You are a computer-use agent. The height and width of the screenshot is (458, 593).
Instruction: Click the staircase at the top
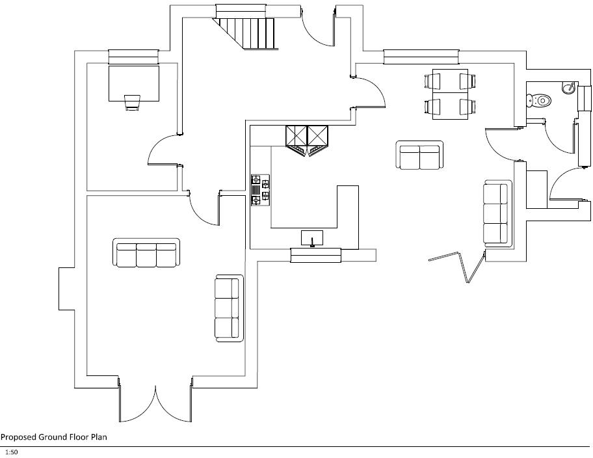click(248, 31)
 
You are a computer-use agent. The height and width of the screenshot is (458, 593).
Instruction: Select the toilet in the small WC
click(540, 100)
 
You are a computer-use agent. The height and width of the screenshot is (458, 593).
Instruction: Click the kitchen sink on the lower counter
click(312, 237)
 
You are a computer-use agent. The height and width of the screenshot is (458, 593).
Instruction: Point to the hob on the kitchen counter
click(260, 190)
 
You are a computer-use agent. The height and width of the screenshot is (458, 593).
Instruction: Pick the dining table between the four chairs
click(449, 94)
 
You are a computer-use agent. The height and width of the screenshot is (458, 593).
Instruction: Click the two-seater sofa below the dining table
click(419, 155)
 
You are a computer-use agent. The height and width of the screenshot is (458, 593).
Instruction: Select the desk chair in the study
click(133, 102)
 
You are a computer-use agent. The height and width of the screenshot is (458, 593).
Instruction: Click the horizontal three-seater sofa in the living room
click(147, 254)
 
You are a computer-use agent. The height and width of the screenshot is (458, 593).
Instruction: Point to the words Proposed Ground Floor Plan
click(54, 437)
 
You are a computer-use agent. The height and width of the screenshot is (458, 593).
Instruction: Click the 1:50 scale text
click(11, 451)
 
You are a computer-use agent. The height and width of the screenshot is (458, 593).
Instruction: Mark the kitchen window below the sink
click(316, 255)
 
